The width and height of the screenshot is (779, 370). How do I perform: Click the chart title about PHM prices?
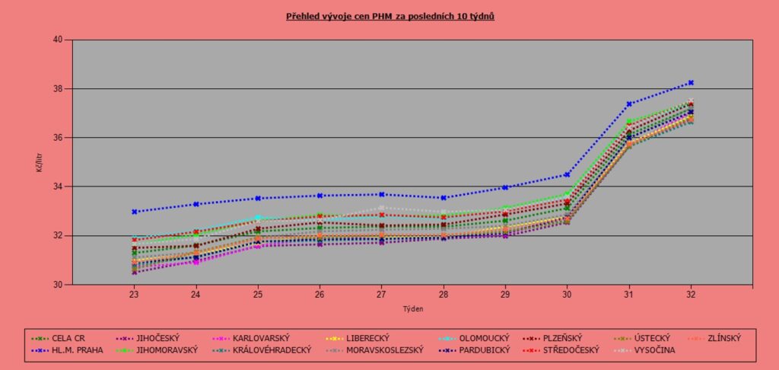(x=390, y=15)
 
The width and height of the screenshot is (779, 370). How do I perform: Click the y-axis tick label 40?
(x=59, y=40)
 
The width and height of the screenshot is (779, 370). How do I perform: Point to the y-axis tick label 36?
(x=59, y=138)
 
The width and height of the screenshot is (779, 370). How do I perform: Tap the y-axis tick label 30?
(x=59, y=285)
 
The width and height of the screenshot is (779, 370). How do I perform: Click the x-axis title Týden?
(x=412, y=310)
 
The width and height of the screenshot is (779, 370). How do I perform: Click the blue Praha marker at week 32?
(x=691, y=82)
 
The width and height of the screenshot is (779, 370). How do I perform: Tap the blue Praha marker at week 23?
(x=134, y=212)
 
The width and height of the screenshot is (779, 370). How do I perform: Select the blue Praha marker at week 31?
(x=629, y=104)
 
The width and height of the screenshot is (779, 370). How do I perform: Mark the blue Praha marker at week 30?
(x=567, y=174)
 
